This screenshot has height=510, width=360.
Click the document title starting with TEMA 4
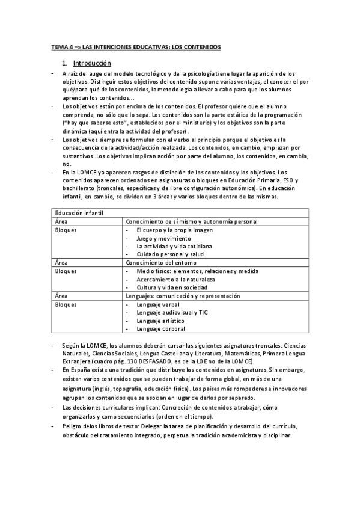136,46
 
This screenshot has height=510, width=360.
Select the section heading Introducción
91,63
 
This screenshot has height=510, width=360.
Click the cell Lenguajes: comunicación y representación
183,296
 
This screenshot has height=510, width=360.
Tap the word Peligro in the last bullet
74,426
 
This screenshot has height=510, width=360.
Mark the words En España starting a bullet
75,371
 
